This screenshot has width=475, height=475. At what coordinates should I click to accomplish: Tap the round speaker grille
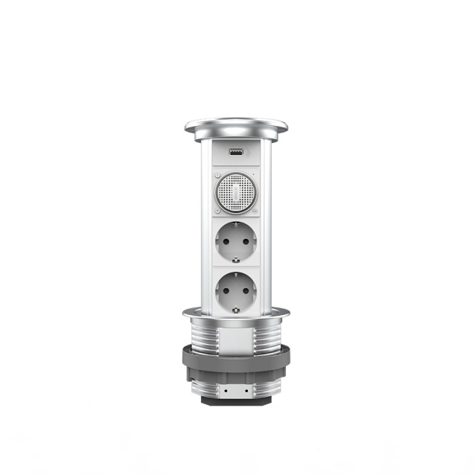(x=235, y=191)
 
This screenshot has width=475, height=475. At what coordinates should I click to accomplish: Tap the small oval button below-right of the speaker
(x=253, y=208)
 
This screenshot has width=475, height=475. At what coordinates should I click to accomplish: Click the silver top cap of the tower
(x=235, y=126)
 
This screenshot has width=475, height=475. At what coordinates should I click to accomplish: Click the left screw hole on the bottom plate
(x=220, y=389)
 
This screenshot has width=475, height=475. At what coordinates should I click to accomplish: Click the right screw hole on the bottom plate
(x=251, y=389)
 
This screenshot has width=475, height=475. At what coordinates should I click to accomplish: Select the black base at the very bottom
(x=235, y=400)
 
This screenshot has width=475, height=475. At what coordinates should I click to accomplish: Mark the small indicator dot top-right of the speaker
(x=253, y=176)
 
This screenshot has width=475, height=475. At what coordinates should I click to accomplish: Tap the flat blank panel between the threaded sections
(x=235, y=340)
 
